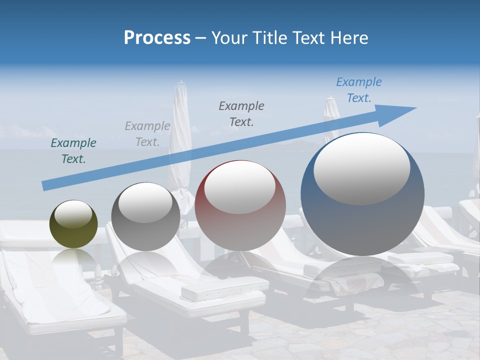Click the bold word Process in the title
click(x=157, y=37)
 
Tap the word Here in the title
click(x=348, y=37)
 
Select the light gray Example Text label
click(x=147, y=134)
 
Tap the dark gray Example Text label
click(x=241, y=113)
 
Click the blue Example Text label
click(x=359, y=90)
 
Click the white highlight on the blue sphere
click(x=362, y=169)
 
